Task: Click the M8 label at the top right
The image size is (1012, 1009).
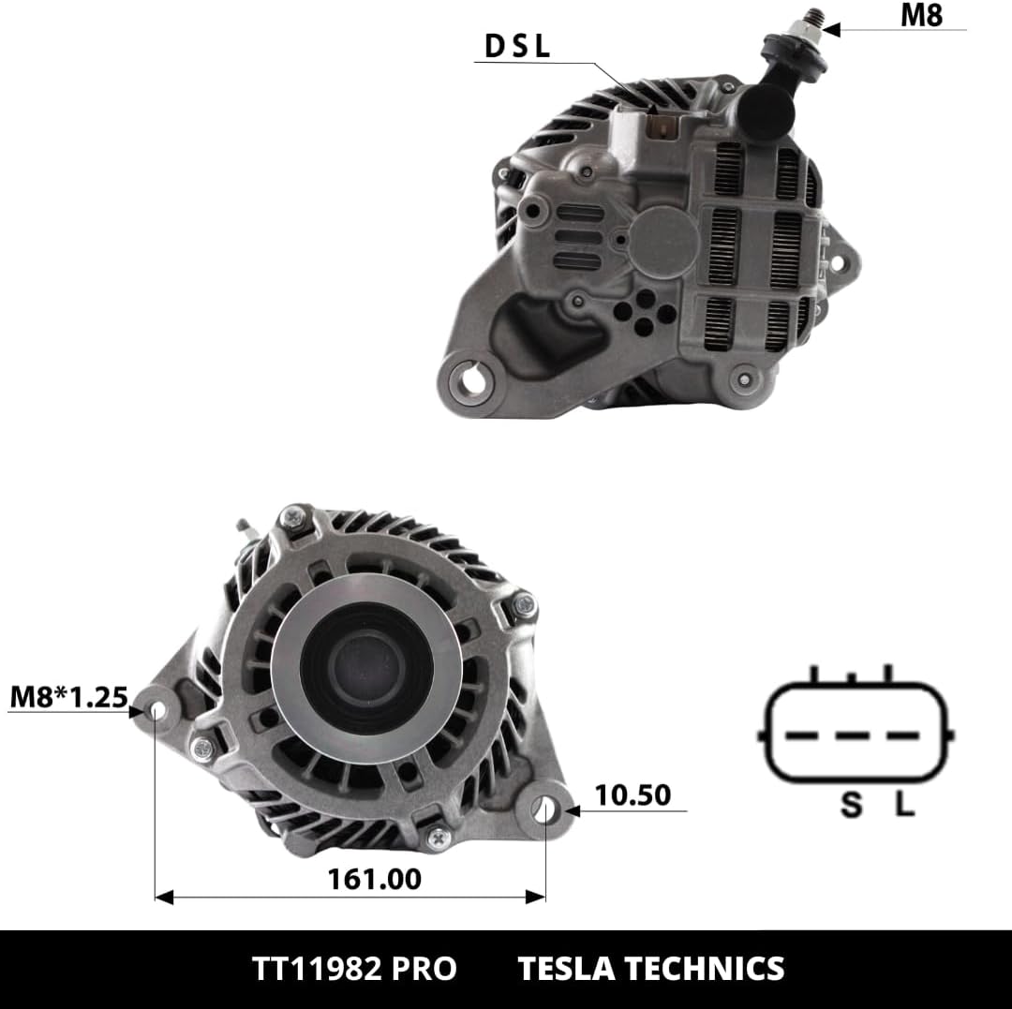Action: tap(922, 16)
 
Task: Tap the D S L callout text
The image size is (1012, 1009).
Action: tap(517, 46)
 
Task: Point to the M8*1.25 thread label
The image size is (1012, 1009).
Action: tap(69, 697)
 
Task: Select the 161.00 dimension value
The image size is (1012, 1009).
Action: tap(374, 879)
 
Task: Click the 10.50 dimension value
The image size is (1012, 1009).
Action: tap(632, 794)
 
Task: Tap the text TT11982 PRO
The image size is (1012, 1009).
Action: tap(353, 969)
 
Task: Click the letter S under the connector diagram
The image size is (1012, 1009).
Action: tap(851, 805)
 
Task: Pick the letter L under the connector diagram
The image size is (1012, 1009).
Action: tap(905, 804)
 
